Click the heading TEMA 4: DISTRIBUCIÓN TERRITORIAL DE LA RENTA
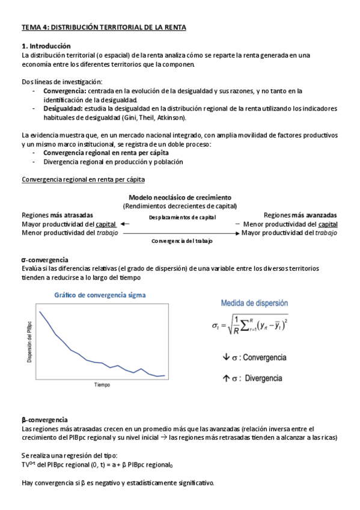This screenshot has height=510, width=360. coord(104,28)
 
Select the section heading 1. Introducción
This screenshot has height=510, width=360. coord(46,46)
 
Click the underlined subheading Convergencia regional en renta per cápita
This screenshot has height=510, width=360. coord(83,180)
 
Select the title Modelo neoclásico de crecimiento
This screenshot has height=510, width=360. coord(180,197)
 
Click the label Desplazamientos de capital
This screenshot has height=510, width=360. coord(182,218)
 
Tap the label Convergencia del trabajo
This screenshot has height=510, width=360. coord(183,241)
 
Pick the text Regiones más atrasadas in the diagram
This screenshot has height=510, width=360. coord(57,215)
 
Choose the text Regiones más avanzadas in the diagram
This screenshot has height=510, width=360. coord(300,215)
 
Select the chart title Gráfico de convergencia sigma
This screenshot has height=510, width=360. coord(99,295)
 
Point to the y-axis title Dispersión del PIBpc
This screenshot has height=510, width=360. coord(29,342)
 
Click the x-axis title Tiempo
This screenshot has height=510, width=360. coord(102,384)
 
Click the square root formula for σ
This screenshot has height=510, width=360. coord(249,327)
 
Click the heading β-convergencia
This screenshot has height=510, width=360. coord(44,419)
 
